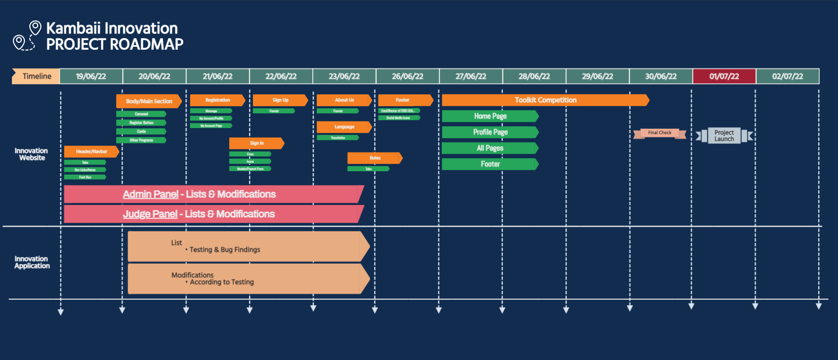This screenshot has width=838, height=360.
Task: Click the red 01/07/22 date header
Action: point(724,76)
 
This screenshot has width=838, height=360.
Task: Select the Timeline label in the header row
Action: point(37,76)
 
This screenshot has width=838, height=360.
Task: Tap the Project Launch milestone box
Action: point(724,135)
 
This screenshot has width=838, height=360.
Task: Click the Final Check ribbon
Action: point(659,133)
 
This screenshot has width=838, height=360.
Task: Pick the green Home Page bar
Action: point(490,116)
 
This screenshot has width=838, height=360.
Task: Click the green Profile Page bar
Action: point(490,132)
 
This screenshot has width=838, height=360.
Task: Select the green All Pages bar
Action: point(490,148)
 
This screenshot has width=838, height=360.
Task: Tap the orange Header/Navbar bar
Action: point(91,152)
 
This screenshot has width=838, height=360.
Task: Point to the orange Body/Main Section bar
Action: point(149,101)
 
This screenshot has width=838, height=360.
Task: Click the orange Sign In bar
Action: point(256,143)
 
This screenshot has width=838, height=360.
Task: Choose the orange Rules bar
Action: point(374,158)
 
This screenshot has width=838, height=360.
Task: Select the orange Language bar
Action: point(344,127)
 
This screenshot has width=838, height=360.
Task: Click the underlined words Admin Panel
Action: point(150,194)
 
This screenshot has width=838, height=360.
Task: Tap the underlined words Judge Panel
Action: point(150,214)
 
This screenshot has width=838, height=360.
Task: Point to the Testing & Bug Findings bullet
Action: point(225,249)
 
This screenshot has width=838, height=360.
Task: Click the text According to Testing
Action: point(222,282)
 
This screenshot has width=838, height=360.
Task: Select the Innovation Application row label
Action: point(32,262)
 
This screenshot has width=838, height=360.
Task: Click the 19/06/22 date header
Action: point(91,76)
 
